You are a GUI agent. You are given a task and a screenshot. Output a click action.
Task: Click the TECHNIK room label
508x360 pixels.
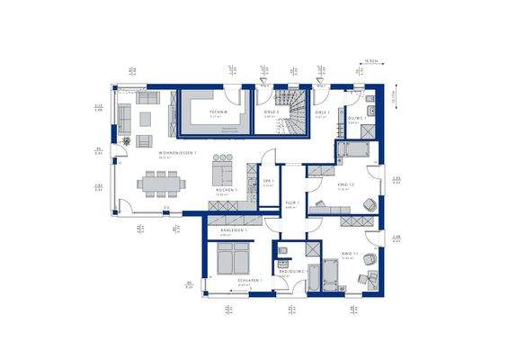(x=215, y=112)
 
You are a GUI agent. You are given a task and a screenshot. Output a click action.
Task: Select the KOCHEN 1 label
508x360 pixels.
(x=226, y=191)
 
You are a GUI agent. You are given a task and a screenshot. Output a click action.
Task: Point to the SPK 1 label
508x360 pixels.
(x=267, y=180)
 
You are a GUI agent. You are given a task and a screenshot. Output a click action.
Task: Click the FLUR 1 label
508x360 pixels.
(x=291, y=203)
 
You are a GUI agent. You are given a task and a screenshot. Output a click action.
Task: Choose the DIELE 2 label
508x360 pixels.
(x=270, y=112)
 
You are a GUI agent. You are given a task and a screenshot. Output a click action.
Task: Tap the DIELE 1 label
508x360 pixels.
(x=322, y=112)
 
